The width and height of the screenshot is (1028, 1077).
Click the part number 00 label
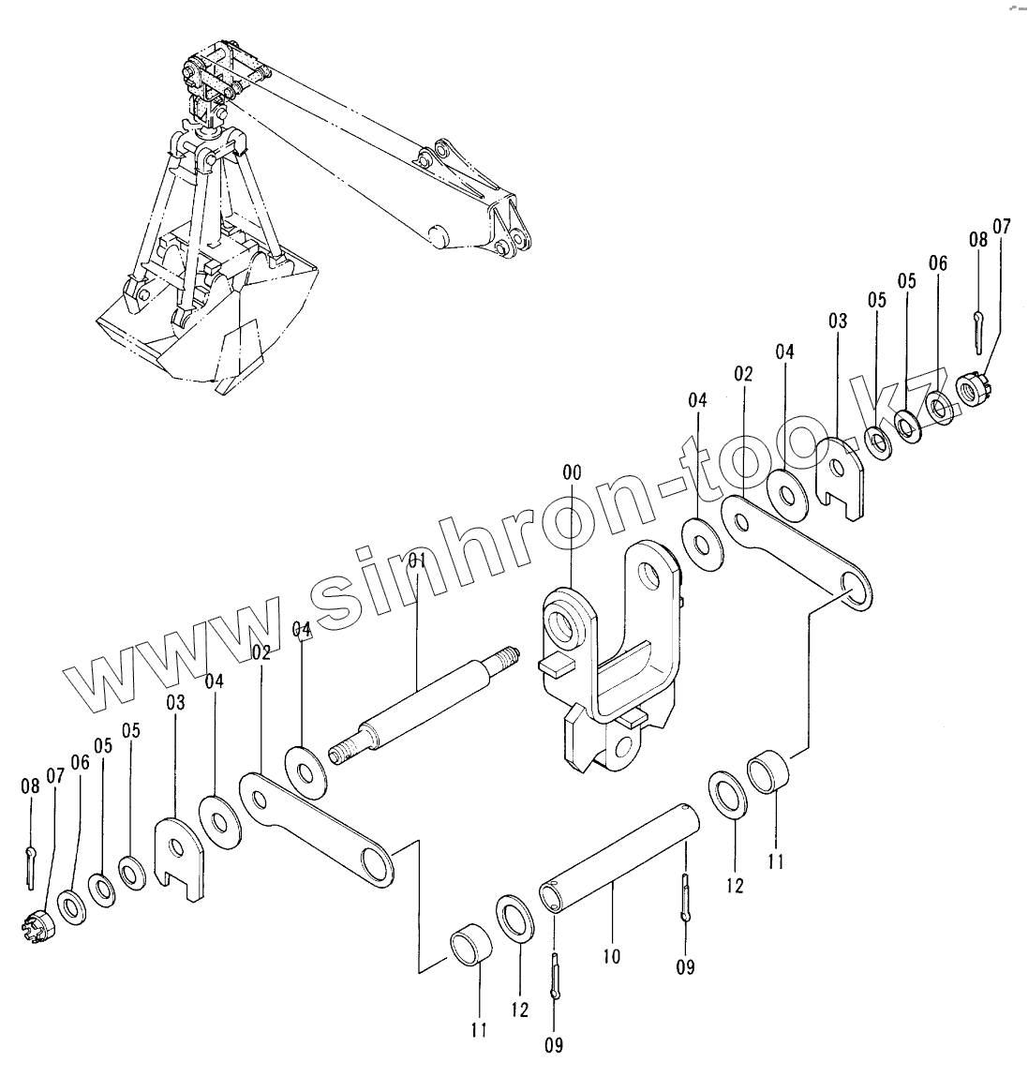(571, 473)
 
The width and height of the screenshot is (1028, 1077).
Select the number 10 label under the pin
(612, 956)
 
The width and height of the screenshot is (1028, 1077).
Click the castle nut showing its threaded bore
(973, 385)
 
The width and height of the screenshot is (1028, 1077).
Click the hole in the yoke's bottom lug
(620, 747)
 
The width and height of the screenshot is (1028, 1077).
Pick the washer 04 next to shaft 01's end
(305, 773)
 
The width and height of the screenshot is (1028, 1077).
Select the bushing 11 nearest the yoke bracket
(768, 773)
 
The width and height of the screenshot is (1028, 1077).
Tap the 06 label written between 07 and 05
(938, 263)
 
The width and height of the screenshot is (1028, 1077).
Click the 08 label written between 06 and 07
(977, 240)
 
